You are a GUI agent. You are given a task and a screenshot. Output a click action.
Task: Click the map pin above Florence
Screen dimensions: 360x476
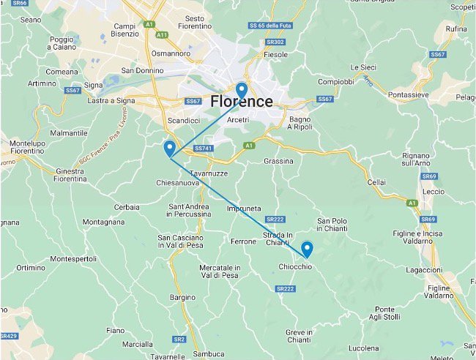tap(241, 85)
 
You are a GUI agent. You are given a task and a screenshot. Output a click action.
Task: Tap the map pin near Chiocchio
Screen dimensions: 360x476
tap(307, 249)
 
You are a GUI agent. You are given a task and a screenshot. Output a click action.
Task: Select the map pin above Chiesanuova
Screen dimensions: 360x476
tap(169, 147)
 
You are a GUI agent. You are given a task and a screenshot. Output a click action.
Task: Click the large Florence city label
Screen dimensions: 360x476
tap(241, 102)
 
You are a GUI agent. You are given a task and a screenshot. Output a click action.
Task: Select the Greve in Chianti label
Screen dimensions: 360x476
tap(298, 337)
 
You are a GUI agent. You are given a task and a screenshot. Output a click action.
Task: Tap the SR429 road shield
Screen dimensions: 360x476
tap(7, 336)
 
